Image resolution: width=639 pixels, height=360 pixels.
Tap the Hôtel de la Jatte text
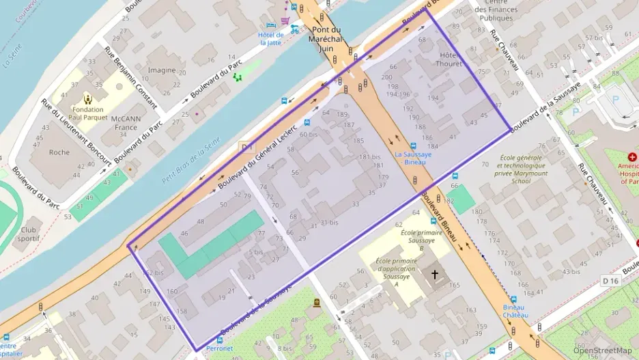pos(270,38)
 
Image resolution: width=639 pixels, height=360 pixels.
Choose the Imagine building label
pos(162,70)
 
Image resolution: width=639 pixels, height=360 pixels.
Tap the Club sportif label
pos(29,234)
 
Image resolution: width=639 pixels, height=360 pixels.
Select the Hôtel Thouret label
pos(450,59)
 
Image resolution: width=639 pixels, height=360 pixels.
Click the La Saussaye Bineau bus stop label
pos(414,158)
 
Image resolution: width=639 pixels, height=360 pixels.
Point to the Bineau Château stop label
pos(515,311)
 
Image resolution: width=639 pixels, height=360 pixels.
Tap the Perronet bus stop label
pos(219,348)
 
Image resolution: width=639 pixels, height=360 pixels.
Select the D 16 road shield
pos(610,281)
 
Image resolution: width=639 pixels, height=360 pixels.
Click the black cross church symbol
pos(434,275)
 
